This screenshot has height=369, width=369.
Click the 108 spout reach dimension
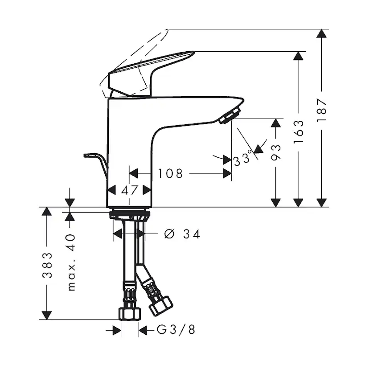pyautogui.click(x=170, y=173)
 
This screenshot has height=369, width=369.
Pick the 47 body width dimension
pyautogui.click(x=129, y=190)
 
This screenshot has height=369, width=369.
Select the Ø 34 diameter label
pyautogui.click(x=181, y=234)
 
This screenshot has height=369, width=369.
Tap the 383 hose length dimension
pyautogui.click(x=47, y=265)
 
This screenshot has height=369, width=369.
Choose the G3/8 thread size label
pyautogui.click(x=176, y=330)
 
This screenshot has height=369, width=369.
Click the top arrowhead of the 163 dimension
pyautogui.click(x=299, y=56)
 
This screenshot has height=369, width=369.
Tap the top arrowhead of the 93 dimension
pyautogui.click(x=276, y=123)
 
